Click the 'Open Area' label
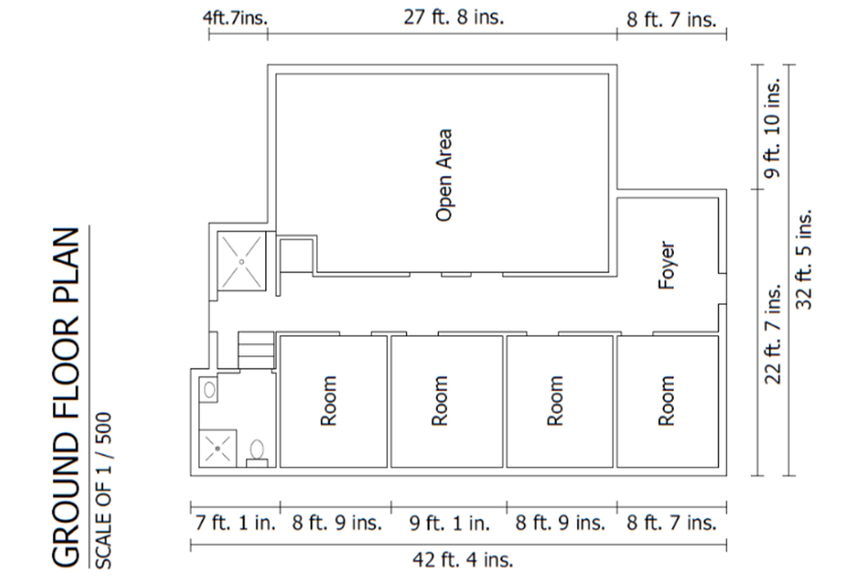[444, 175]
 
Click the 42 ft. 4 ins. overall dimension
[463, 560]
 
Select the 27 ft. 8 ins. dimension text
[454, 18]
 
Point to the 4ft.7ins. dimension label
[235, 18]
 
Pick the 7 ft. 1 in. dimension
[235, 523]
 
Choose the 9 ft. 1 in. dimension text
[450, 523]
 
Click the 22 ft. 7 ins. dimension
[773, 335]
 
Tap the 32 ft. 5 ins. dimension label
[804, 259]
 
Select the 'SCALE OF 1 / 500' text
[103, 491]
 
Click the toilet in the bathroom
[257, 453]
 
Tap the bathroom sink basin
[209, 390]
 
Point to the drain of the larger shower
[242, 262]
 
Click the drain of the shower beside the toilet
[217, 448]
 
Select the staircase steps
[256, 350]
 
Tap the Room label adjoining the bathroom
[329, 401]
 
